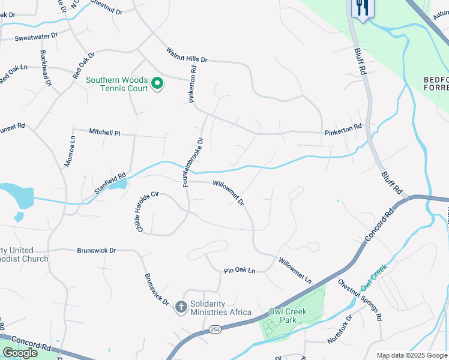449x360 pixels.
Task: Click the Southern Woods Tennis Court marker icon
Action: pyautogui.click(x=157, y=83)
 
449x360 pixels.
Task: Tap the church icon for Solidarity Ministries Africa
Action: pyautogui.click(x=181, y=308)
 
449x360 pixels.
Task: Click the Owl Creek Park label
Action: pyautogui.click(x=288, y=316)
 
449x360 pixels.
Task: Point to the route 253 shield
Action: pyautogui.click(x=216, y=329)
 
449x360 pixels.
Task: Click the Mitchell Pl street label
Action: pyautogui.click(x=105, y=131)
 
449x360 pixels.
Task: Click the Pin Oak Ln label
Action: pyautogui.click(x=240, y=271)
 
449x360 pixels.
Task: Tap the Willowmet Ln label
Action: pyautogui.click(x=295, y=271)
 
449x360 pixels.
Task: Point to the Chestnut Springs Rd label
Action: pyautogui.click(x=360, y=300)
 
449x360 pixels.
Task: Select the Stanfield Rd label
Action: pyautogui.click(x=110, y=184)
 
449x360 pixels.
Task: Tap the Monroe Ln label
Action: pyautogui.click(x=68, y=151)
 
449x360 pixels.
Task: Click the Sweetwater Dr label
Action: pyautogui.click(x=36, y=37)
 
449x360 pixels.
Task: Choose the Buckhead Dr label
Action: pyautogui.click(x=46, y=67)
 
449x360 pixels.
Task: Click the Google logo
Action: pyautogui.click(x=20, y=353)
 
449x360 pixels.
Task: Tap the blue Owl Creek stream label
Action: pyautogui.click(x=375, y=275)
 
